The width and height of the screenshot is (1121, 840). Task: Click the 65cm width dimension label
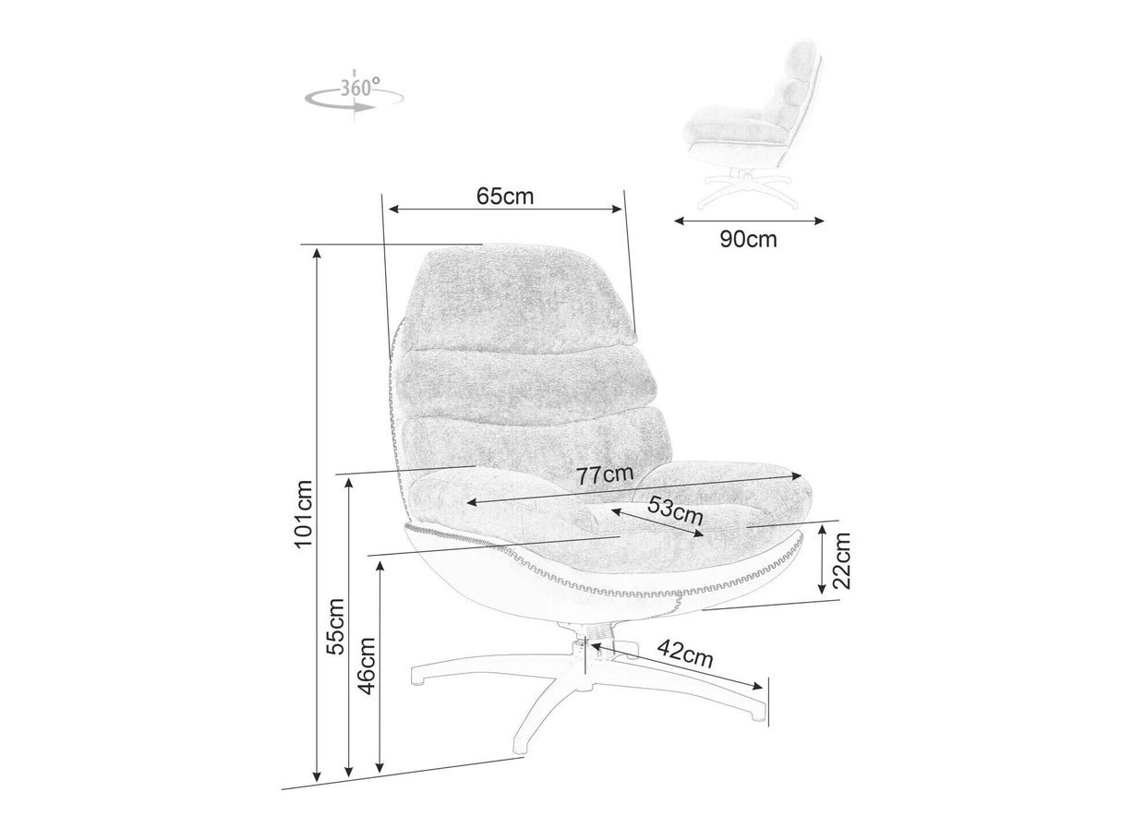click(x=504, y=196)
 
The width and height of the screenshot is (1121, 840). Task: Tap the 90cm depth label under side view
click(x=748, y=239)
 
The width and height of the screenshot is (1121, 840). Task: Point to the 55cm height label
click(x=335, y=626)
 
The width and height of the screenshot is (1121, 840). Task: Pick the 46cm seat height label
click(x=367, y=666)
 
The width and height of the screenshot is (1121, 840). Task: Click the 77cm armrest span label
click(x=605, y=474)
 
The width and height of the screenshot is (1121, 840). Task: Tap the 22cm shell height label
click(x=843, y=561)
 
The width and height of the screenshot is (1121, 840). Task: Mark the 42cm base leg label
click(x=684, y=654)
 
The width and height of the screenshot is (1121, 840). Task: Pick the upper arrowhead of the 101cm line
click(x=317, y=254)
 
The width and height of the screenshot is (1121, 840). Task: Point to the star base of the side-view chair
click(x=748, y=190)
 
